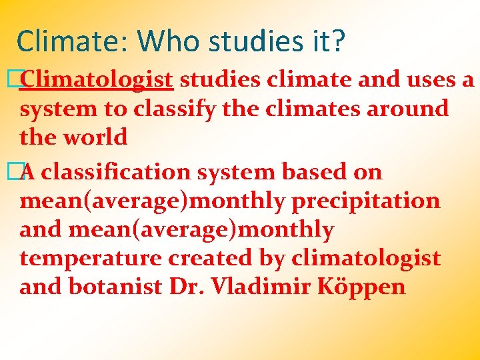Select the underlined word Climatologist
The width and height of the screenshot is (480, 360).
pos(97,80)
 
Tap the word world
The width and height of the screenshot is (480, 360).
pos(95,137)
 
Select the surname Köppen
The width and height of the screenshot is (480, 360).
pos(365,287)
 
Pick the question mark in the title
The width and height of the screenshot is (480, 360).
pos(338,41)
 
